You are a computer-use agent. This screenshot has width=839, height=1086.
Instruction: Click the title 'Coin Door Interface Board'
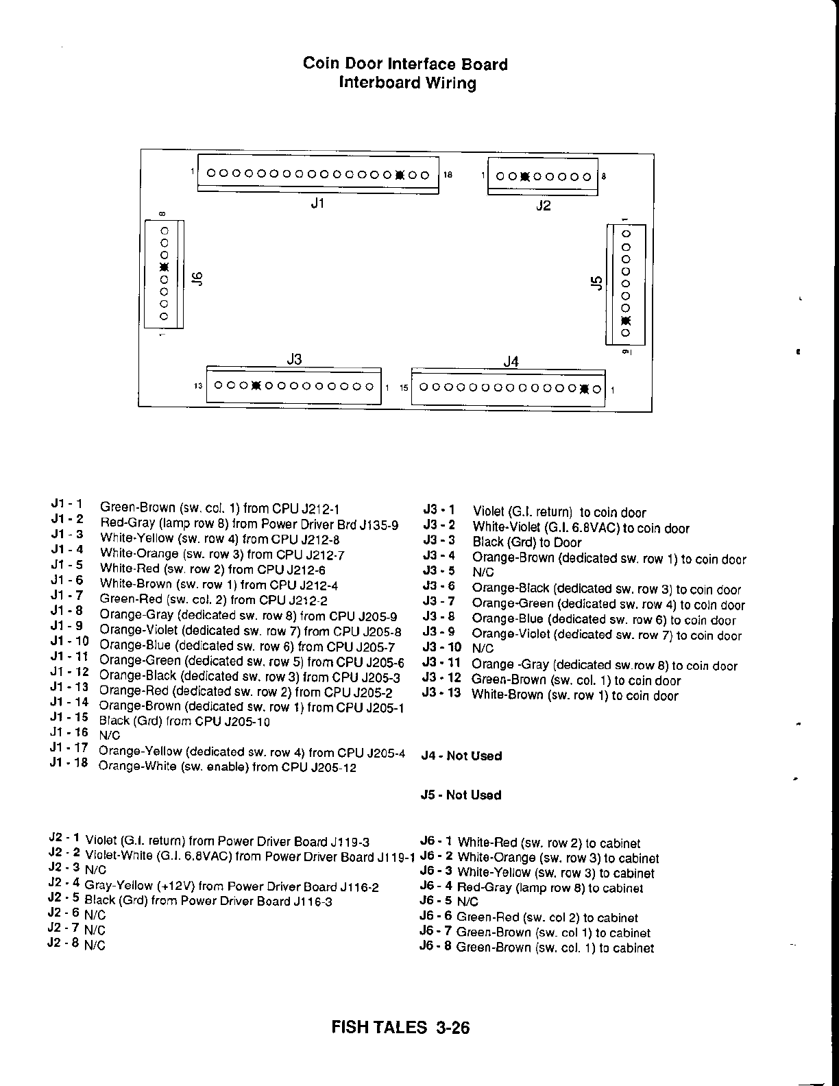pos(405,64)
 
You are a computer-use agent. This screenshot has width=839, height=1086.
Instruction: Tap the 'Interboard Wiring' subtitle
pos(407,84)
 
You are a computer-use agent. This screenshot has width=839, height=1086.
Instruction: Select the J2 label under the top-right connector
pos(543,205)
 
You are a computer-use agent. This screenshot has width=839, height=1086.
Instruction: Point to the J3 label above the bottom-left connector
pos(294,359)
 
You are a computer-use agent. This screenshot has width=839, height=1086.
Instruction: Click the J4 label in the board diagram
pos(511,361)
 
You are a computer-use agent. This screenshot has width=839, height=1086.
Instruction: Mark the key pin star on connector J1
pos(400,175)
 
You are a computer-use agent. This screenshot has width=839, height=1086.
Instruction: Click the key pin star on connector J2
pos(524,176)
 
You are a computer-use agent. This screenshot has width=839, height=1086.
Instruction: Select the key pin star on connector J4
pos(584,389)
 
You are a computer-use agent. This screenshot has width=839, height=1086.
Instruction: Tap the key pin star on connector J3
pos(256,385)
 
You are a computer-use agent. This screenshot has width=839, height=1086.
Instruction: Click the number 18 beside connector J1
pos(448,176)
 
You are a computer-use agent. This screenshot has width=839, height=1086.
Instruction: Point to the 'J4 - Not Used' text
pos(461,756)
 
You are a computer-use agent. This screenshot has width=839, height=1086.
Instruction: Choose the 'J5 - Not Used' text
pos(461,795)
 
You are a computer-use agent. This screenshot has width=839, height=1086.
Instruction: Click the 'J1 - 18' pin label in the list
pos(69,762)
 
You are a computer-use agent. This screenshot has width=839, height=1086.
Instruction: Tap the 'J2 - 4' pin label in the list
pos(64,883)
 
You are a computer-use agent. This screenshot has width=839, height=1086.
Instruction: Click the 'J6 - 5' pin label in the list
pos(435,902)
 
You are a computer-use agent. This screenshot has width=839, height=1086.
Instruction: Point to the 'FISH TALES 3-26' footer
pos(400,1028)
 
